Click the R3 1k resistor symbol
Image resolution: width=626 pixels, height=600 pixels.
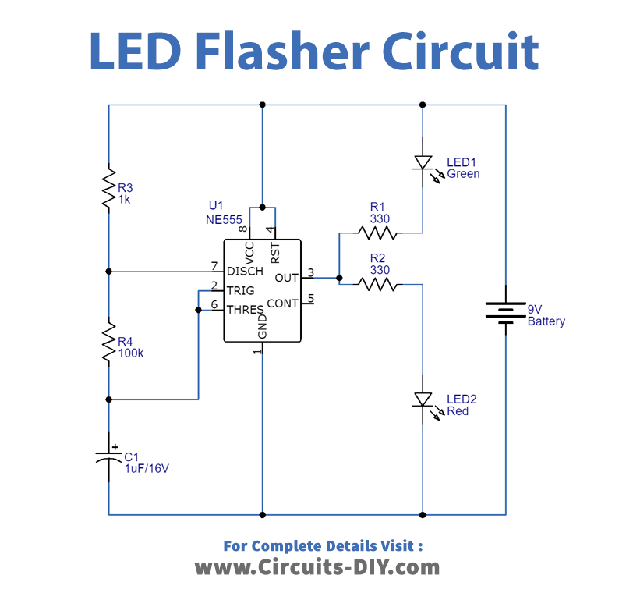pyautogui.click(x=109, y=187)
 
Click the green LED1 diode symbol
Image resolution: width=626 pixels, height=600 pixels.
pyautogui.click(x=423, y=163)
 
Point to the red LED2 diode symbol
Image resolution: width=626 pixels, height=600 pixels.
pyautogui.click(x=423, y=400)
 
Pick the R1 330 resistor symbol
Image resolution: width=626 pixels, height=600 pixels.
pyautogui.click(x=377, y=233)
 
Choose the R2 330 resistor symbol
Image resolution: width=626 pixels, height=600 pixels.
pyautogui.click(x=377, y=284)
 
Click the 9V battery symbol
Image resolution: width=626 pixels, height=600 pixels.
pyautogui.click(x=507, y=311)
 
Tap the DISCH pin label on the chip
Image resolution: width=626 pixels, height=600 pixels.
pyautogui.click(x=245, y=272)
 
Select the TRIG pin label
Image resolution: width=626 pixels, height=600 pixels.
pyautogui.click(x=239, y=290)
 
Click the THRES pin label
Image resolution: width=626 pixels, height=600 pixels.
pyautogui.click(x=245, y=310)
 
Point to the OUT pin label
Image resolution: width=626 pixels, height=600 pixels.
pyautogui.click(x=287, y=278)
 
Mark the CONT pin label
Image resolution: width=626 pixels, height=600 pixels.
pyautogui.click(x=282, y=303)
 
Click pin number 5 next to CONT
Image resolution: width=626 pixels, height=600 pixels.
pyautogui.click(x=310, y=297)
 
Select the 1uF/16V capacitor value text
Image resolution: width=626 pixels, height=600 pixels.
pyautogui.click(x=147, y=469)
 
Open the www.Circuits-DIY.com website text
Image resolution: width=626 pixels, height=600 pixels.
pyautogui.click(x=317, y=567)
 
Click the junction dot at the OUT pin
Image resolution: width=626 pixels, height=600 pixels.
pyautogui.click(x=339, y=277)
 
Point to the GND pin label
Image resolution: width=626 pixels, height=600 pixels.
pyautogui.click(x=263, y=325)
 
